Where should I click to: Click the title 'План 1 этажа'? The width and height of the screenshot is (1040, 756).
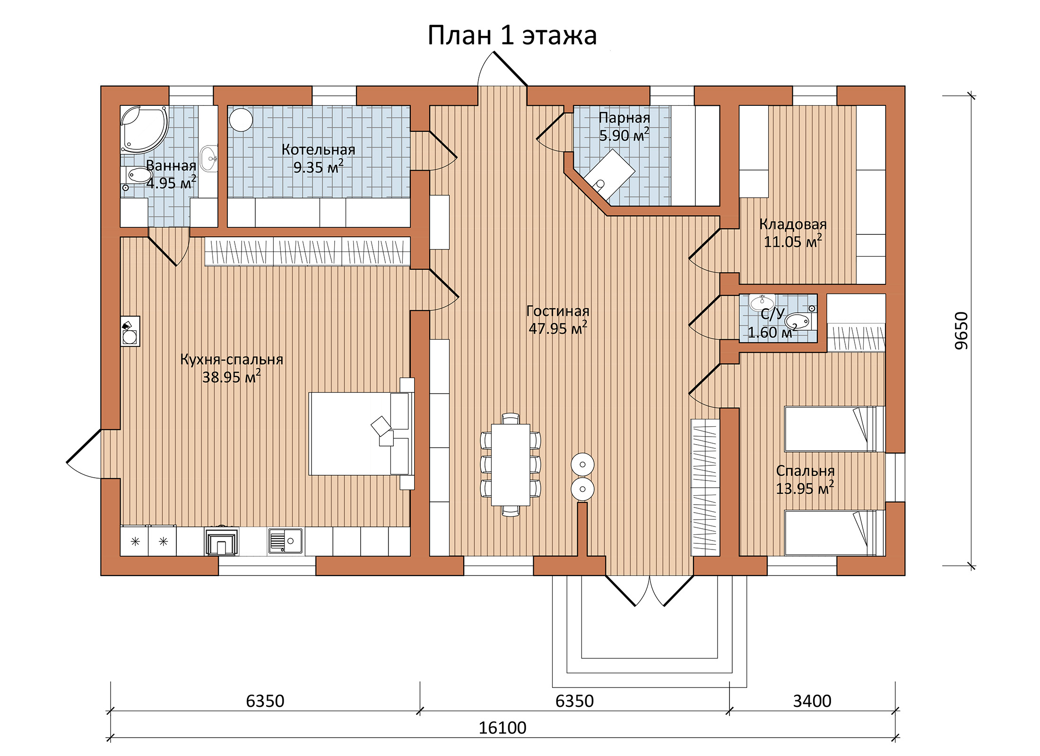click(x=512, y=35)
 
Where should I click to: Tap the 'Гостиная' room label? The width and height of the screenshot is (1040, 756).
click(x=558, y=311)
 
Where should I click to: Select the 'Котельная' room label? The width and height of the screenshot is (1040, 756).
click(x=318, y=150)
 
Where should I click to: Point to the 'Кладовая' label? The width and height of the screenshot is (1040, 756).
click(x=793, y=224)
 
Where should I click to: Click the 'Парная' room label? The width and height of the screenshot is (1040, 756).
click(x=624, y=118)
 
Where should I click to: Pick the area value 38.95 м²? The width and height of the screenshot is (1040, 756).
click(x=231, y=377)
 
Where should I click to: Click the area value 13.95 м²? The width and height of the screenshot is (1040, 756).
click(x=805, y=488)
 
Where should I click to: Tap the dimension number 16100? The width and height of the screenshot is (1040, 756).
click(x=502, y=728)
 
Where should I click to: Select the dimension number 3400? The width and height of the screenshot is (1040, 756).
click(x=812, y=701)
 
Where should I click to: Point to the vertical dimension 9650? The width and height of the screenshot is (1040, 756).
click(x=962, y=331)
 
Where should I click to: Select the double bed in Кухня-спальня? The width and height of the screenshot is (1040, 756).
click(x=362, y=434)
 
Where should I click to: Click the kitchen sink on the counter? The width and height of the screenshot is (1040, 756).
click(x=285, y=541)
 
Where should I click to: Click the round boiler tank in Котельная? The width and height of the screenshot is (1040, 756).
click(x=241, y=120)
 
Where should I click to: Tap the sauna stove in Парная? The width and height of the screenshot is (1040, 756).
click(x=609, y=174)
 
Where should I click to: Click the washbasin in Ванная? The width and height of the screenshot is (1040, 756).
click(x=208, y=158)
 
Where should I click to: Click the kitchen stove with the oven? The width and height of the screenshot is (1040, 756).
click(x=221, y=541)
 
